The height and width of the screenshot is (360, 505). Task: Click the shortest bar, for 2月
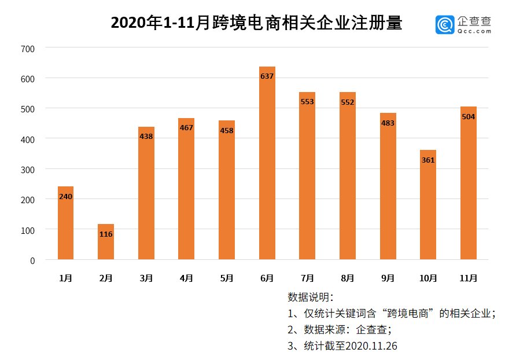click(106, 242)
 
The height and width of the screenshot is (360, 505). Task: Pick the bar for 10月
click(428, 205)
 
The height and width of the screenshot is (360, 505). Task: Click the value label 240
click(65, 197)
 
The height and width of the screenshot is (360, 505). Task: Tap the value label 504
click(469, 116)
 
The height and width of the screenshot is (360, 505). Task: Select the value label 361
click(428, 160)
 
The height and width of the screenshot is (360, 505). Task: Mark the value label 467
click(186, 127)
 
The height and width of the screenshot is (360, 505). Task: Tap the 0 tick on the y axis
click(32, 260)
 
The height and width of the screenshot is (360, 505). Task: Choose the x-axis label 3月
click(146, 278)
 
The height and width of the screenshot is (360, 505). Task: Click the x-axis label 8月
click(348, 278)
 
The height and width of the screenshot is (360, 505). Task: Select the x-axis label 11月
click(469, 278)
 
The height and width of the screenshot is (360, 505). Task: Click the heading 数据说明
click(310, 297)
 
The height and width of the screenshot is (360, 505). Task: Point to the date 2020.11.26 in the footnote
click(369, 346)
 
